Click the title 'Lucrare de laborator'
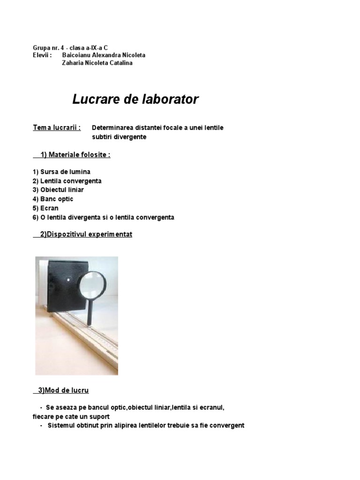click(x=135, y=99)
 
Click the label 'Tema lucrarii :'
click(x=57, y=127)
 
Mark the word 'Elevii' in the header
click(x=41, y=55)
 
